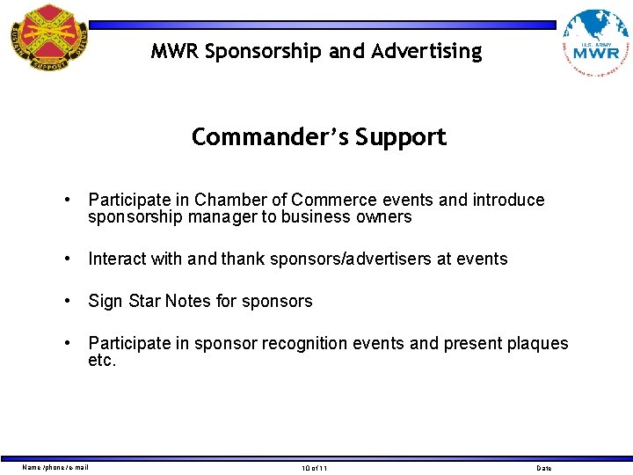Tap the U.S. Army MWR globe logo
[595, 43]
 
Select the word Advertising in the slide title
[426, 52]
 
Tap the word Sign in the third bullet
[105, 301]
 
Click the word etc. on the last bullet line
[102, 361]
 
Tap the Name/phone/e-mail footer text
[55, 467]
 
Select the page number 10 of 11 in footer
[313, 468]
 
